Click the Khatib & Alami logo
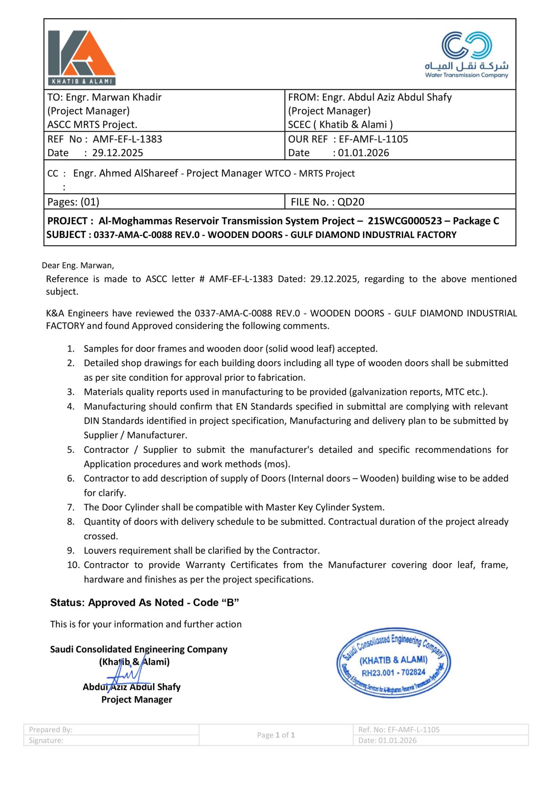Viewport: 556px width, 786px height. pos(82,58)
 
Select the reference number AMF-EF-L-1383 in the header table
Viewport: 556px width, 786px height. pos(127,139)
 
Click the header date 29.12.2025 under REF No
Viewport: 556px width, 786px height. pos(117,153)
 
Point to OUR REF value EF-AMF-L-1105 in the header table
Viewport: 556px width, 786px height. pos(373,139)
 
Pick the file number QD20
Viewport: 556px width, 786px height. pos(351,202)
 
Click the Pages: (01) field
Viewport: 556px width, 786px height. pos(73,202)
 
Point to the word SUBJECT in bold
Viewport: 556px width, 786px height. pos(66,235)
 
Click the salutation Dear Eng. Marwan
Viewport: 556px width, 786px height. pos(78,265)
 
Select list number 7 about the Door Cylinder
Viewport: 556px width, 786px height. pos(71,507)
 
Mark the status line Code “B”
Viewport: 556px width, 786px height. pos(216,602)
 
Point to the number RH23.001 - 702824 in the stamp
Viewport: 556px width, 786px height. pos(393,673)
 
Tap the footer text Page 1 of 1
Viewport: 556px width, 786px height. pos(276,735)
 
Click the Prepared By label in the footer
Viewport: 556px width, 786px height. pos(51,729)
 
